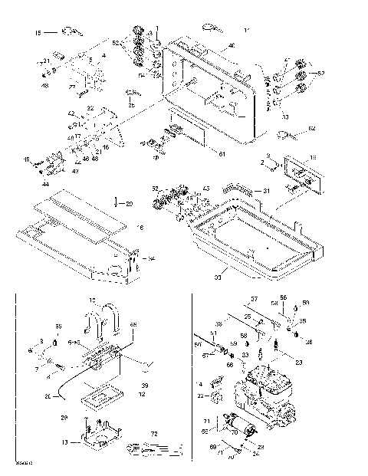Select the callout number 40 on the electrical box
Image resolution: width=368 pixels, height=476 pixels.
pos(232,47)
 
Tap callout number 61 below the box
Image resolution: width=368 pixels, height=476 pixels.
pos(223,154)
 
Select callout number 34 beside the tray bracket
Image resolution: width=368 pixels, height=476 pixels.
pos(151,258)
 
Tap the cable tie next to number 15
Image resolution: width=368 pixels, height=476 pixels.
pos(71,31)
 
